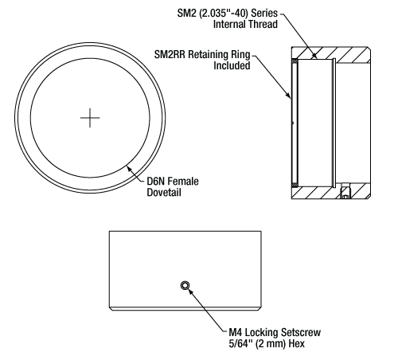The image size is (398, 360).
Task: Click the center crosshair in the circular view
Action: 90,118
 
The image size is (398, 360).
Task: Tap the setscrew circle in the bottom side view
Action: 185,285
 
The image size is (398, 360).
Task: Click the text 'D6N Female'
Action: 173,182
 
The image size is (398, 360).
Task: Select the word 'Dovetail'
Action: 164,192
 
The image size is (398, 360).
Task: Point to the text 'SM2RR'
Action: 170,54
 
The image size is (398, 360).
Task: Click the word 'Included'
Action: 232,65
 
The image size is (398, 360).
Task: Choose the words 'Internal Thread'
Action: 245,24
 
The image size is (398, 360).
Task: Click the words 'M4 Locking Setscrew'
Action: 275,332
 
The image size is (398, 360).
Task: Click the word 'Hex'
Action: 297,343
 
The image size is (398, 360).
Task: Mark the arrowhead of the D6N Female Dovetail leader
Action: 129,168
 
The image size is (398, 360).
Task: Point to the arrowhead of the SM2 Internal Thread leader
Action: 314,56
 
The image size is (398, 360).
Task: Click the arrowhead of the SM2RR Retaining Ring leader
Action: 288,95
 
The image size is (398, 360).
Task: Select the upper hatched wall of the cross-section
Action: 332,53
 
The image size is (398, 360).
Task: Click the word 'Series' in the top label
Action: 264,13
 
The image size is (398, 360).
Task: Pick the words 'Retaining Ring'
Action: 219,54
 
